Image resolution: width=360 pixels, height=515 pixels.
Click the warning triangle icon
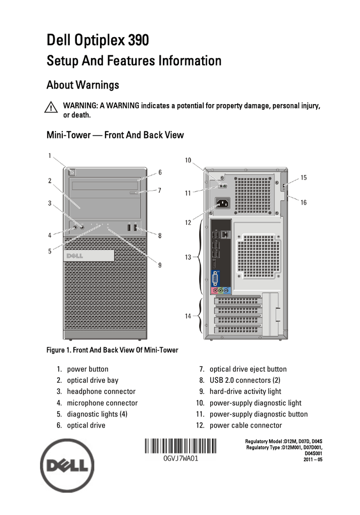click(x=51, y=108)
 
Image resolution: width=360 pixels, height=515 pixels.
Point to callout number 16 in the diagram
click(x=304, y=202)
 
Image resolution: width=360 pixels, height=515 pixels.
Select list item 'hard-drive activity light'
click(x=245, y=391)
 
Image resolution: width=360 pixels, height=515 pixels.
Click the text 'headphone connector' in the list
click(x=101, y=391)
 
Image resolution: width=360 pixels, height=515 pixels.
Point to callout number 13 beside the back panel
click(x=188, y=257)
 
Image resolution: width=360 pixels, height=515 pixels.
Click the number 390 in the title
click(x=138, y=40)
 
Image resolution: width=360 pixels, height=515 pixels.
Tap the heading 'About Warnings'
click(x=82, y=85)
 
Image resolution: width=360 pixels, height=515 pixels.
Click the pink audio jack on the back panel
click(x=215, y=290)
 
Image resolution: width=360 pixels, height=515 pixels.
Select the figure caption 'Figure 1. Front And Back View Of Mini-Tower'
click(x=112, y=350)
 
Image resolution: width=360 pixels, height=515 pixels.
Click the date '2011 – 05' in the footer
click(x=311, y=460)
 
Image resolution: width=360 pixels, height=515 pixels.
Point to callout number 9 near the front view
click(x=160, y=265)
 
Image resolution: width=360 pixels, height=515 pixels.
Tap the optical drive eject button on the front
click(x=136, y=192)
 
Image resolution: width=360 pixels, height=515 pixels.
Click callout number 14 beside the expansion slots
click(x=188, y=316)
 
